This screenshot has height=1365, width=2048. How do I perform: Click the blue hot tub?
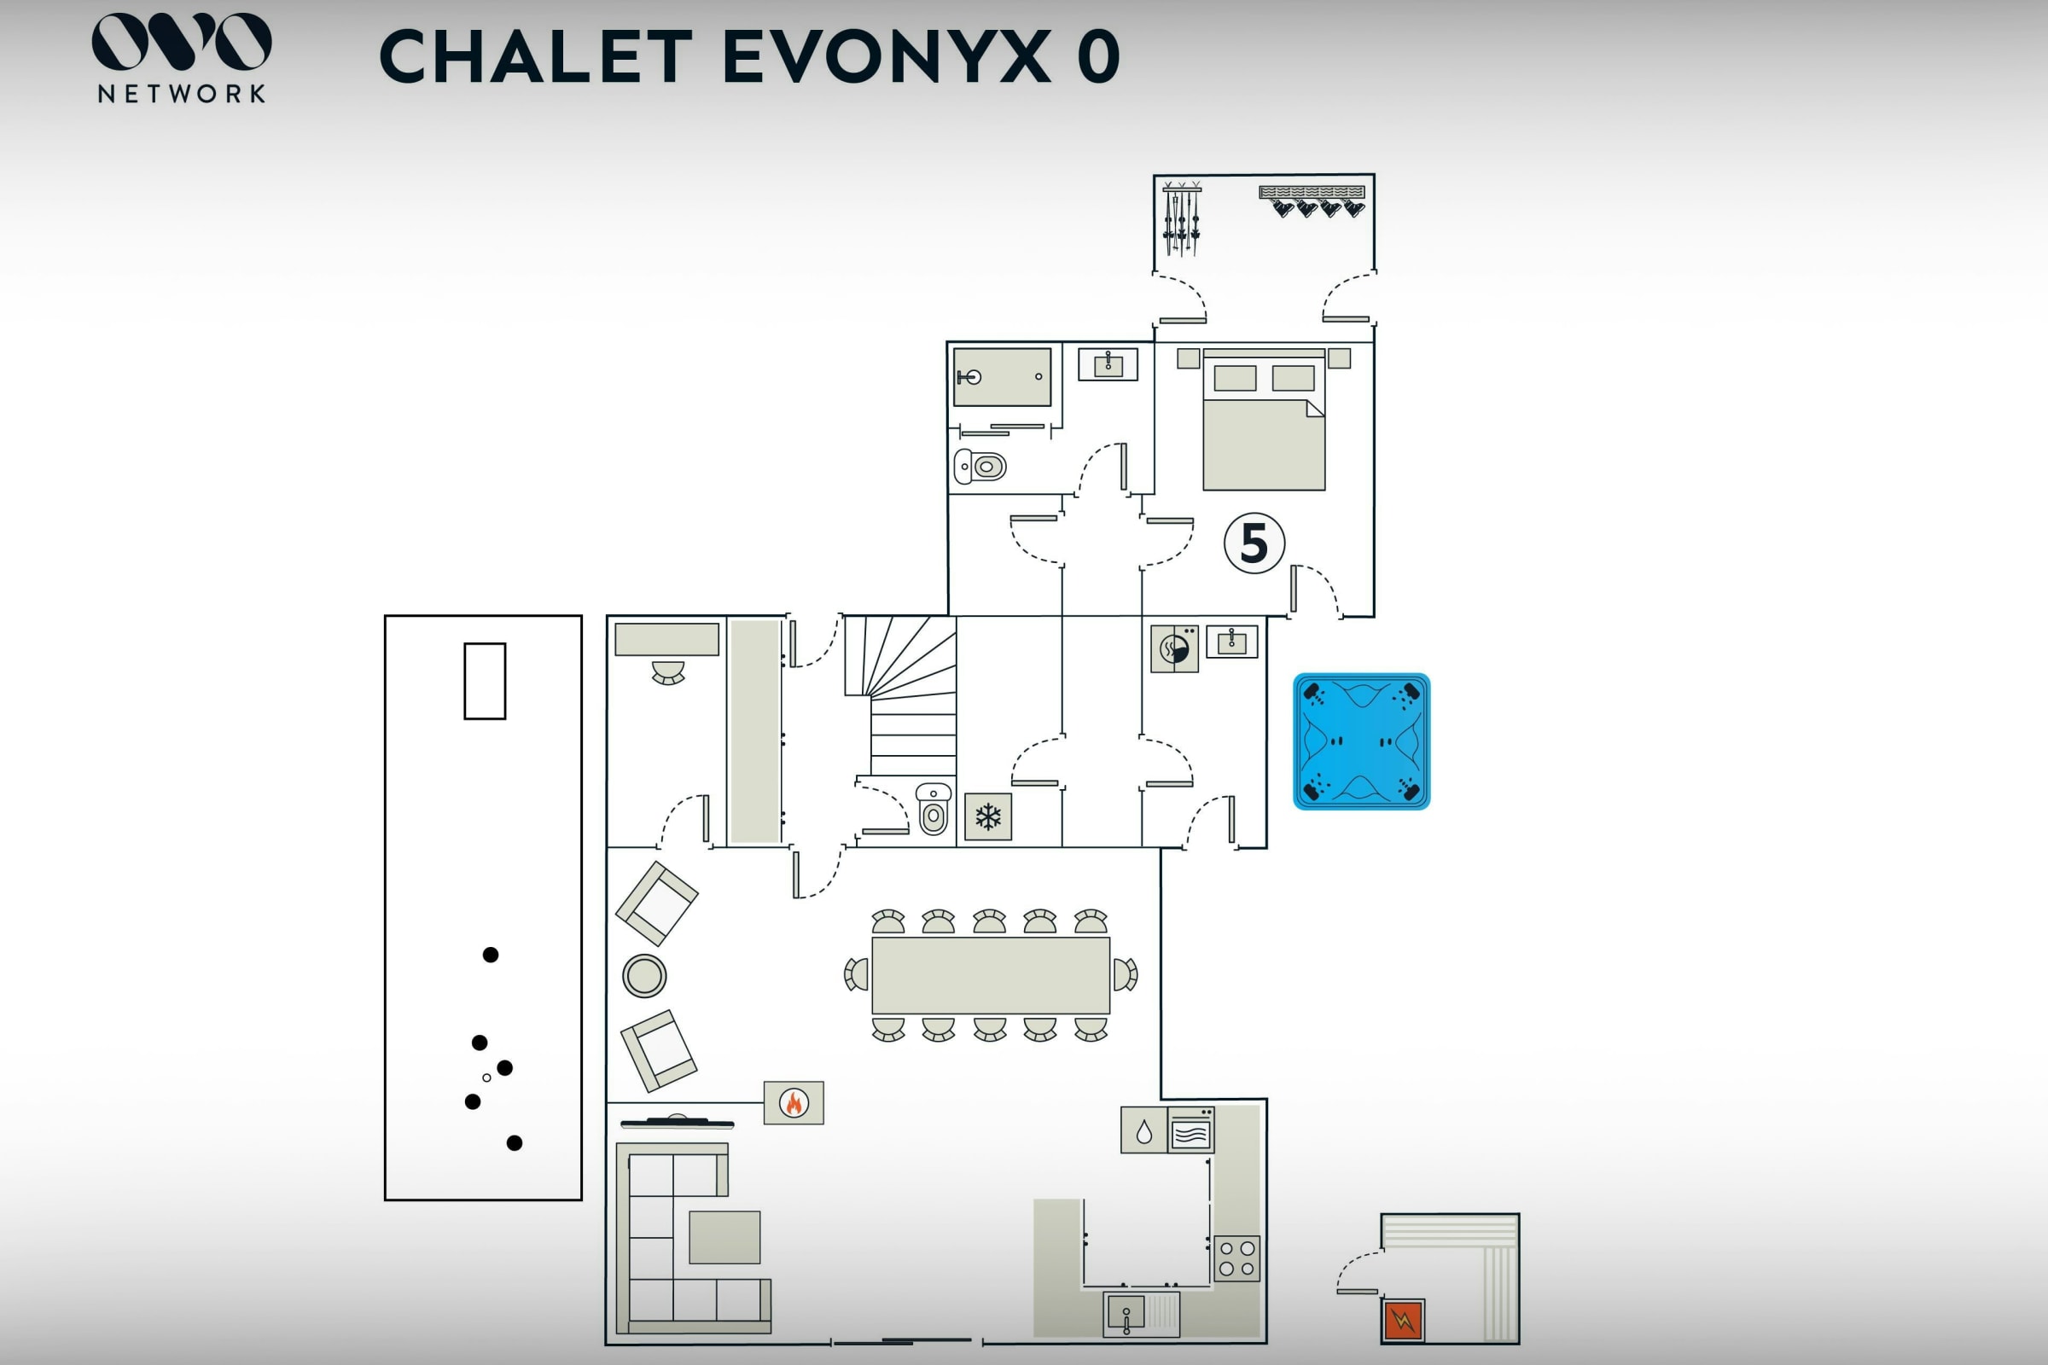(1361, 741)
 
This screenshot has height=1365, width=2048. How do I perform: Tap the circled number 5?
(1254, 543)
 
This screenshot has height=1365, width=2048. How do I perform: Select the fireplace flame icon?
(794, 1102)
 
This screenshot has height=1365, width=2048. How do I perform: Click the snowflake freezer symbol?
(987, 816)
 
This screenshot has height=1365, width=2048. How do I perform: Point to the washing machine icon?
(1174, 648)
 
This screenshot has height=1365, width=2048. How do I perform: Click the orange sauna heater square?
(1403, 1320)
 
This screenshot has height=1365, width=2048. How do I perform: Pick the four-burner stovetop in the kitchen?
(1236, 1258)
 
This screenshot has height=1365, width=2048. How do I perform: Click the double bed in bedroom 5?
(1264, 420)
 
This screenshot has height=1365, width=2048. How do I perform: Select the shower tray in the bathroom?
(1002, 377)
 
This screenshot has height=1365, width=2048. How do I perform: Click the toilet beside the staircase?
(934, 809)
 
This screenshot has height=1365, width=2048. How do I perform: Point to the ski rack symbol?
(1182, 218)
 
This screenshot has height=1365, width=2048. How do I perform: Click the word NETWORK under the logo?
(181, 94)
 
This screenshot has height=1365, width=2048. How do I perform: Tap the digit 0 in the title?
(1098, 56)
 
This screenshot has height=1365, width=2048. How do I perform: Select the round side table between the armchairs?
(644, 975)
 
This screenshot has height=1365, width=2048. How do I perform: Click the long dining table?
(991, 975)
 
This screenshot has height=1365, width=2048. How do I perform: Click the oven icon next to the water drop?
(1190, 1130)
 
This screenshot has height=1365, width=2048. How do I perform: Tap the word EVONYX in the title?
(887, 56)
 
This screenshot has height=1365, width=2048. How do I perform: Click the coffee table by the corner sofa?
(724, 1237)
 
